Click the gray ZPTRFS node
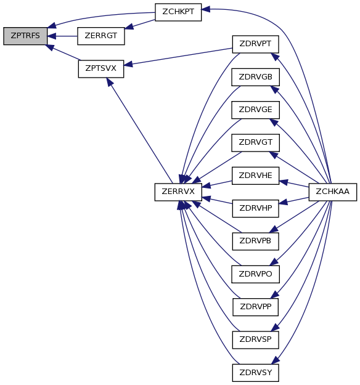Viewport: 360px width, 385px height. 25,36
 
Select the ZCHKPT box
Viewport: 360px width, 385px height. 178,12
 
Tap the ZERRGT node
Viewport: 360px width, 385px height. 100,36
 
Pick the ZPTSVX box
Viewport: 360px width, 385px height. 100,69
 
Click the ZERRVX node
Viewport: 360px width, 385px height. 178,192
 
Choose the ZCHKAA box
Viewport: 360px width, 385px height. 332,192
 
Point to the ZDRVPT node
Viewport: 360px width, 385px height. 256,44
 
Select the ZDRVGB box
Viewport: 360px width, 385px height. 256,77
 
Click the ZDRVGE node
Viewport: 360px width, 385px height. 256,110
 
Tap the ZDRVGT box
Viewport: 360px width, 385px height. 256,143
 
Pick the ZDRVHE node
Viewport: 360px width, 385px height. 256,176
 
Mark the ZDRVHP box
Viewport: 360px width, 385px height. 256,208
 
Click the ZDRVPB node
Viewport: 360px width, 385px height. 256,241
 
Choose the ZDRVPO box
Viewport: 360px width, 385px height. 256,274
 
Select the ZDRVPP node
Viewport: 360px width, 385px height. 256,307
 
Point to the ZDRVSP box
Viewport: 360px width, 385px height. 256,340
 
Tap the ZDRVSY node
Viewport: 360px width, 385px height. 256,373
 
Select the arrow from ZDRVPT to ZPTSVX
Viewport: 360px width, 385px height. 178,57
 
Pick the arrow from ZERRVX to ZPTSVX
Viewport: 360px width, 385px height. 139,131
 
